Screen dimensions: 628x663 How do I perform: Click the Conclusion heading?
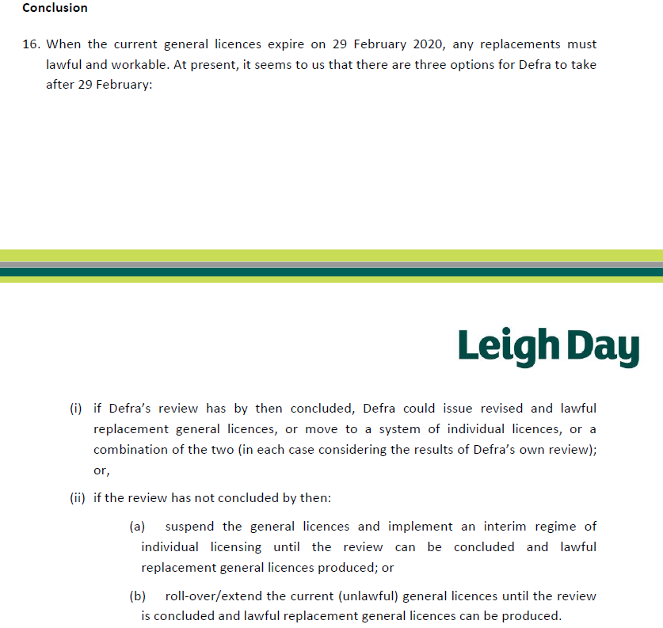55,8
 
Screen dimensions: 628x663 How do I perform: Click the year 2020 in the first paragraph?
428,44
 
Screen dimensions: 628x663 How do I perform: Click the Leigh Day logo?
548,347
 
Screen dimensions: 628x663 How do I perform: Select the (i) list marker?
76,409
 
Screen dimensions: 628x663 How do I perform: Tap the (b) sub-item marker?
138,596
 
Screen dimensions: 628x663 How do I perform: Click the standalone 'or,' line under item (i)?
101,470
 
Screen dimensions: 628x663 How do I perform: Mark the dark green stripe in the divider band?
331,272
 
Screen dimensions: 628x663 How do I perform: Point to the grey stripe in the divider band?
331,265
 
